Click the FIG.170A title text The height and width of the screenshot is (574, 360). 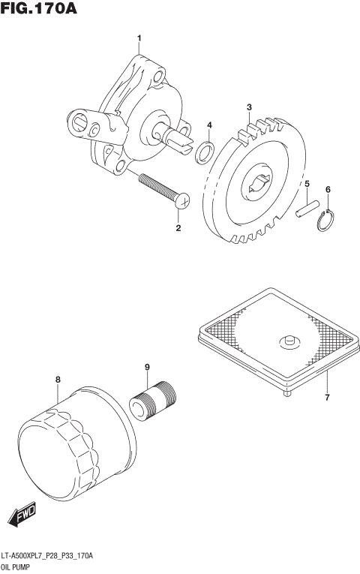pos(40,10)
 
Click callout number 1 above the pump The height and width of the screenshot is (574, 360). pos(138,38)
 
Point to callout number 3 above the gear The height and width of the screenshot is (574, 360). pos(249,108)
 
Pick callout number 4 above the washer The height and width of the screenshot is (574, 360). pos(209,125)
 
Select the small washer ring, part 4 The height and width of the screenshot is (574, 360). pos(203,152)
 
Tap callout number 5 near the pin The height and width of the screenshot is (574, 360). pos(306,183)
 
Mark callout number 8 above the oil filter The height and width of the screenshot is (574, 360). pos(57,380)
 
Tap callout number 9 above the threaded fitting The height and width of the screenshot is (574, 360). pos(147,367)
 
